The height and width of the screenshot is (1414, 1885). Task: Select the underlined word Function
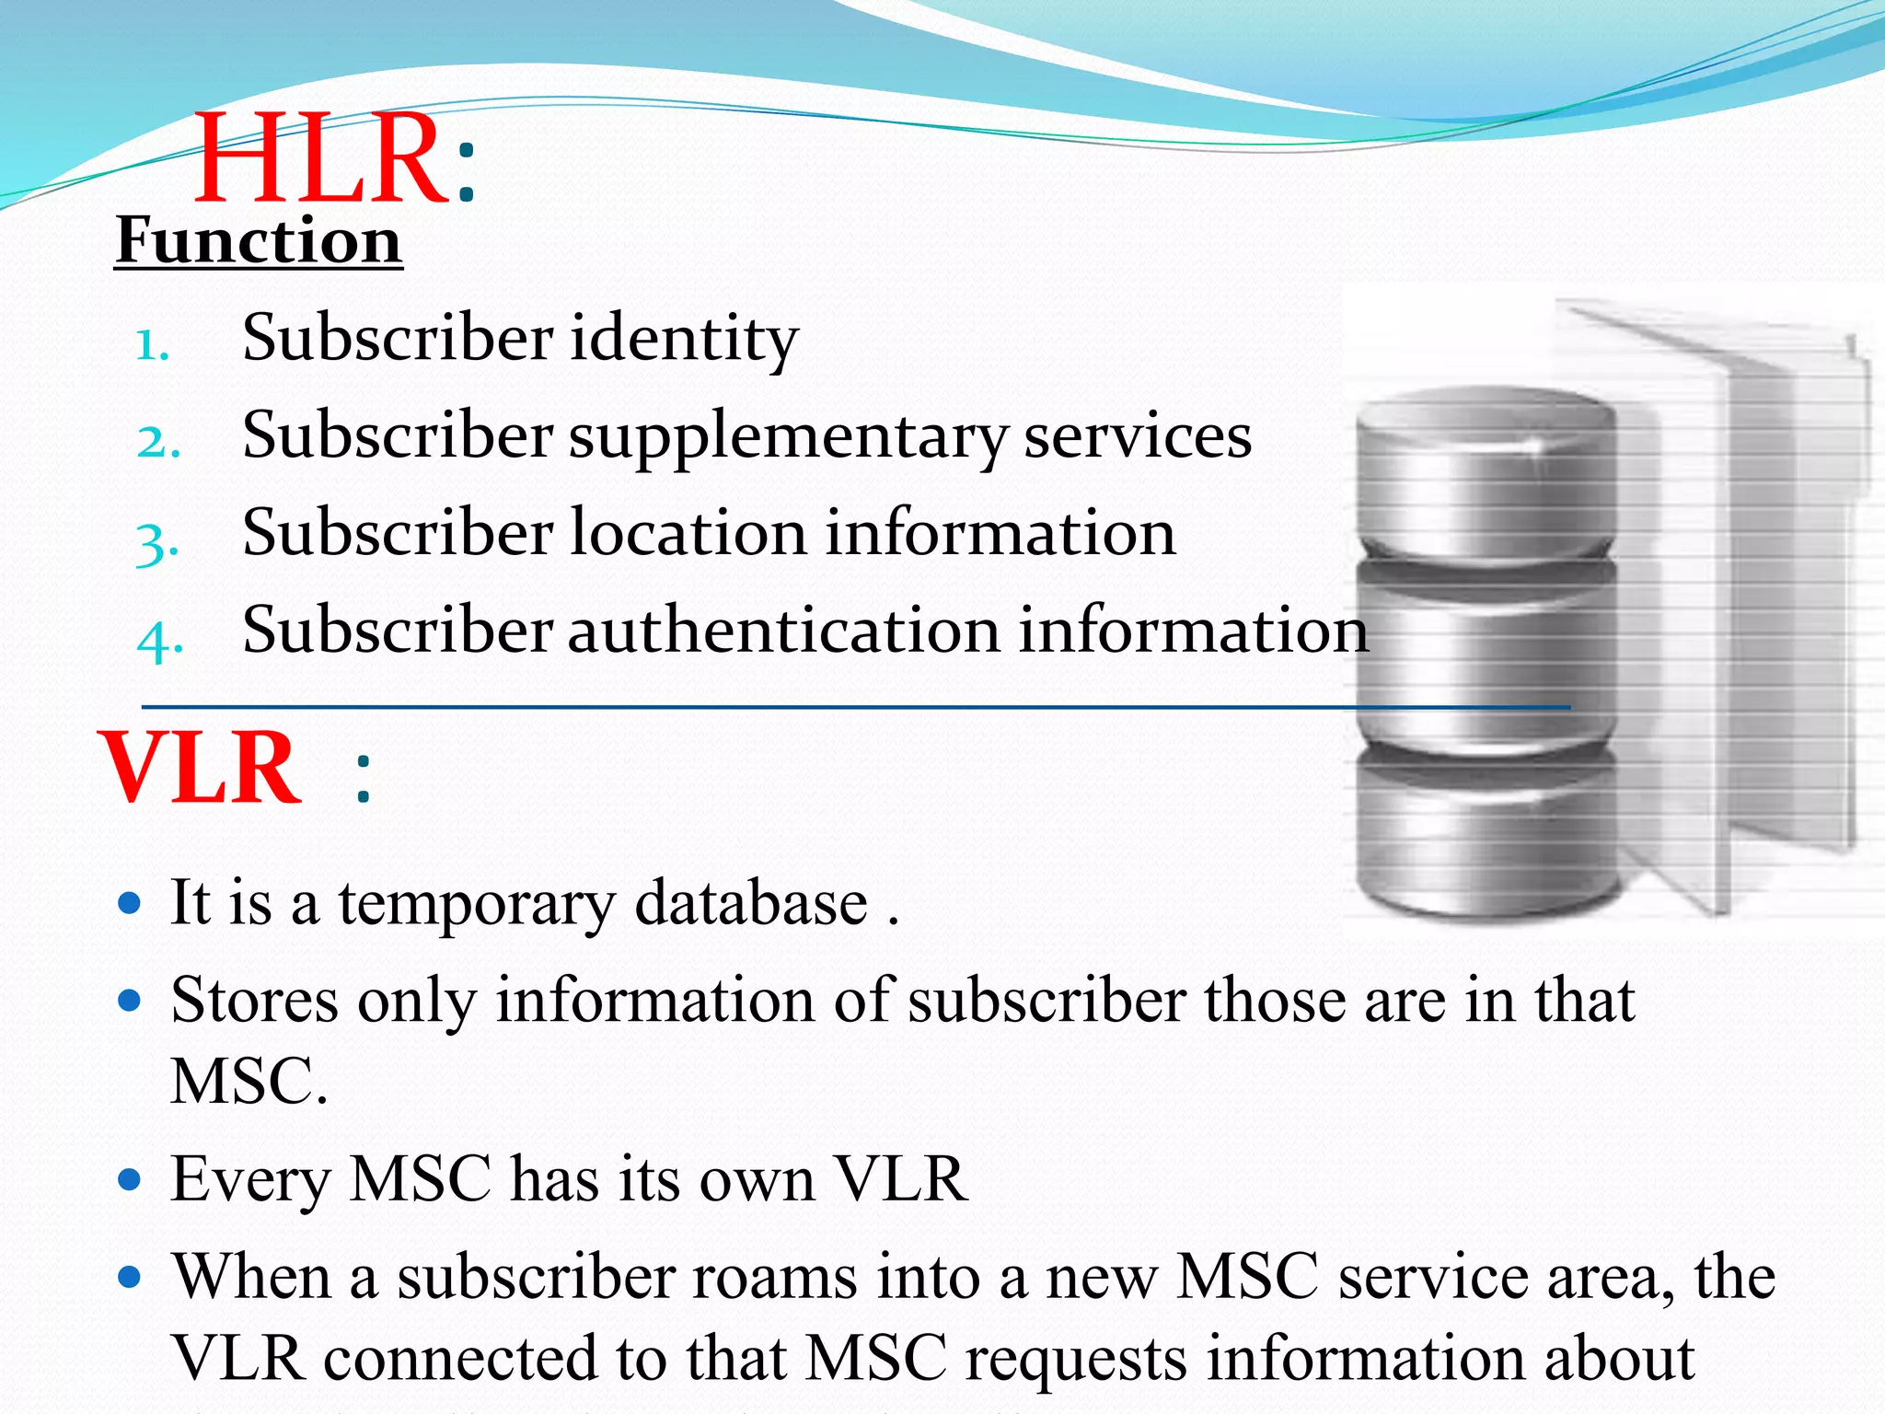259,241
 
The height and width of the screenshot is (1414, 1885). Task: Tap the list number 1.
152,346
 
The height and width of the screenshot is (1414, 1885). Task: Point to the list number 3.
156,543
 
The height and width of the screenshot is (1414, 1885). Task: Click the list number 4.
159,640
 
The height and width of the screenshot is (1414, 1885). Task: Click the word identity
684,339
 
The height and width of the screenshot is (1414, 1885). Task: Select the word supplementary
788,437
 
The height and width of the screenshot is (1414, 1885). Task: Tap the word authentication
783,632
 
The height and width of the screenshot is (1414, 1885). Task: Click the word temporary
477,904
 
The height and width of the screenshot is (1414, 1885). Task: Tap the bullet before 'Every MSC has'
130,1178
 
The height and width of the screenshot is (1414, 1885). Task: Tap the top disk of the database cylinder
1486,469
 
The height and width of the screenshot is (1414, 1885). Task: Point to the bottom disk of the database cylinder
1486,838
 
